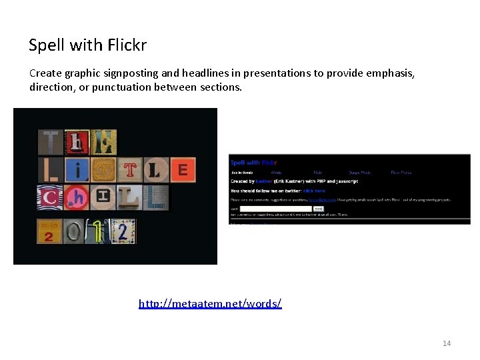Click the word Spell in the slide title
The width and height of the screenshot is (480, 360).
point(46,46)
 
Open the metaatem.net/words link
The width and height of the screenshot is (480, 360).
point(210,304)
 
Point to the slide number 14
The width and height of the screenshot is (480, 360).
point(446,343)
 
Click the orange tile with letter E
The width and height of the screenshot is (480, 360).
point(182,169)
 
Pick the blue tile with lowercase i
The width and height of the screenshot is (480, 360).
point(78,170)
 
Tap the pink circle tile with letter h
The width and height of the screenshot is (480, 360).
point(77,198)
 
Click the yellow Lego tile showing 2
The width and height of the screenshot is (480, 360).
point(49,231)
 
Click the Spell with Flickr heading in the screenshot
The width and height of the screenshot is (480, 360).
point(253,162)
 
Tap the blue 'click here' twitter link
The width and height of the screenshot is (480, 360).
point(314,191)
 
